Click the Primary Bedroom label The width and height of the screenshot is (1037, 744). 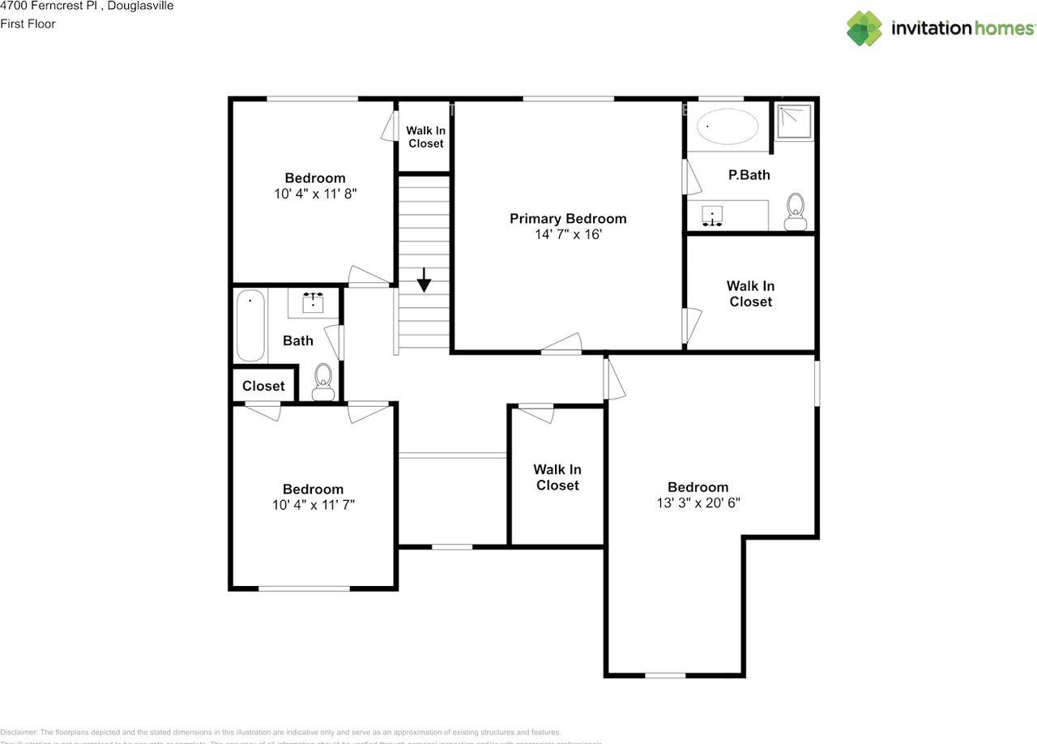(x=567, y=219)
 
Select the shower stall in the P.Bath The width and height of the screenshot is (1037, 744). (x=792, y=122)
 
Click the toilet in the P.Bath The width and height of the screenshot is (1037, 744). (x=796, y=210)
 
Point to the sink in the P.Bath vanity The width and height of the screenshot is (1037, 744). (x=713, y=216)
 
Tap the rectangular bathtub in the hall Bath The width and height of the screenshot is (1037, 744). (x=250, y=326)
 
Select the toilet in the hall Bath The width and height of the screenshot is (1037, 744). (x=323, y=380)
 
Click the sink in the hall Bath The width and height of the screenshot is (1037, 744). (x=314, y=304)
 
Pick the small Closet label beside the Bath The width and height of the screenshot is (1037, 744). (x=263, y=386)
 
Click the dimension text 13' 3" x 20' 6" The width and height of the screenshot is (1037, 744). (x=698, y=502)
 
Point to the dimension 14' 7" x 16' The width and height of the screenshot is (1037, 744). (x=567, y=234)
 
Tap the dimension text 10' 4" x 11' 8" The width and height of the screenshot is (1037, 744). (x=314, y=194)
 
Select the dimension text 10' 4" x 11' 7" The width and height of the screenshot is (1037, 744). (x=313, y=505)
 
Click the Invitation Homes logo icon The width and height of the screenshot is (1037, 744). (x=864, y=28)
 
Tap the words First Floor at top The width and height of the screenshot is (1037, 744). (x=28, y=24)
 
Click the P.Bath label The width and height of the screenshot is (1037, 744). (x=749, y=174)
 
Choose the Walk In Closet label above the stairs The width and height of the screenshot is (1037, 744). (x=425, y=137)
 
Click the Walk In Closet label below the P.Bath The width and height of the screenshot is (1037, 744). (x=750, y=293)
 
